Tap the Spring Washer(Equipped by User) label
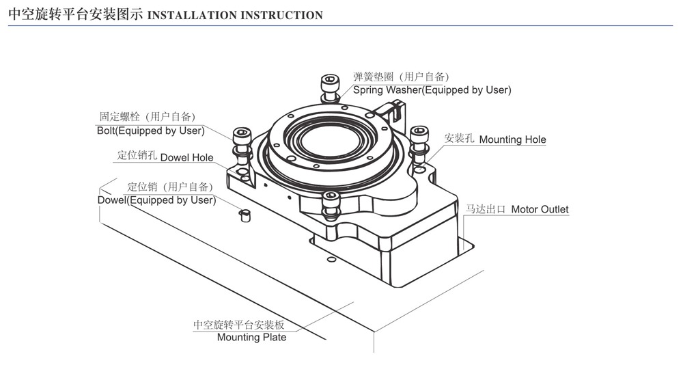[432, 90]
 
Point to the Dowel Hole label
[186, 157]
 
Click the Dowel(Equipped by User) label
[156, 200]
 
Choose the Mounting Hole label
[512, 139]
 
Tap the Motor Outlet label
[540, 209]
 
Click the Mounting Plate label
[251, 337]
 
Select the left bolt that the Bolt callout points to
[240, 140]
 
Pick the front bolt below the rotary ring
[331, 204]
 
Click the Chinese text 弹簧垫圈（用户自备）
[401, 77]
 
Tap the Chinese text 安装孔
[459, 139]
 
